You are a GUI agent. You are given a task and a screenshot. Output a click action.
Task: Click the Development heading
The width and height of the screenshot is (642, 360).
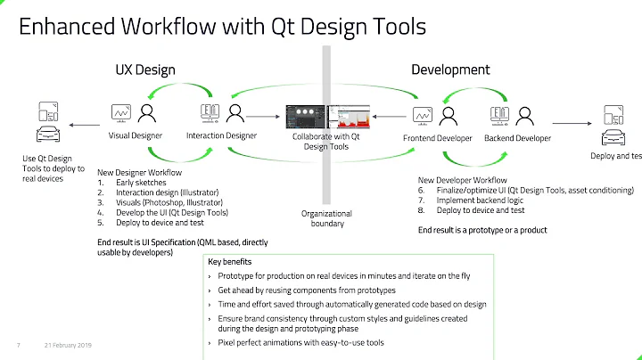[x=450, y=70]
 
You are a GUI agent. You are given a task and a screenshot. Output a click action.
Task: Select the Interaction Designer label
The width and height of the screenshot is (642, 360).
[x=221, y=136]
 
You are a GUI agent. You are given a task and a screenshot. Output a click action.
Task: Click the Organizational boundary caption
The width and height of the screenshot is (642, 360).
[x=327, y=219]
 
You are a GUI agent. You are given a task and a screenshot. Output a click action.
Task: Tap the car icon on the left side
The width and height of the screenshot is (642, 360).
[x=42, y=135]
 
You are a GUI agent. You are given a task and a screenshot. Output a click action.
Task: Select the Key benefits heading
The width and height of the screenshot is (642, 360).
[x=230, y=262]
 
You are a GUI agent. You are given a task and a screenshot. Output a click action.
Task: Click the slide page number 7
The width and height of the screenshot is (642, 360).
[x=18, y=346]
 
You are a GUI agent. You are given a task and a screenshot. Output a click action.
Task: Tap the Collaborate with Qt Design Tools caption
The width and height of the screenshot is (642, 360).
[x=326, y=141]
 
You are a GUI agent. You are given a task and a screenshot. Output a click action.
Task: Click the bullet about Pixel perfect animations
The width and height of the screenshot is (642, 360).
[x=301, y=342]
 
